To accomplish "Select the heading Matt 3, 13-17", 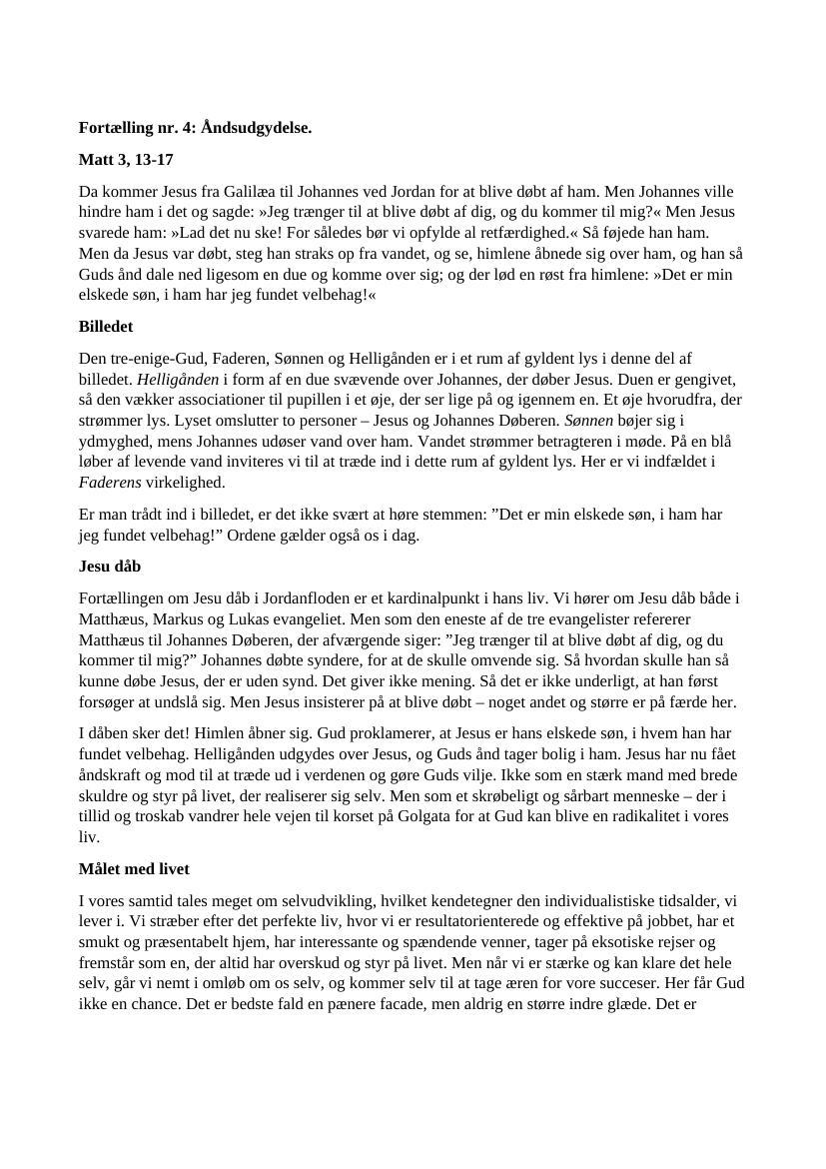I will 126,160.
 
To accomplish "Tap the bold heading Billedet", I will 106,327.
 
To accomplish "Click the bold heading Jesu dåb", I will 110,567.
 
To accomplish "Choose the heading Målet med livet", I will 134,869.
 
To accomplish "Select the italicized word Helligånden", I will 178,379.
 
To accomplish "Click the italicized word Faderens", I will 110,483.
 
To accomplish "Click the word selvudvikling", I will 301,900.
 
